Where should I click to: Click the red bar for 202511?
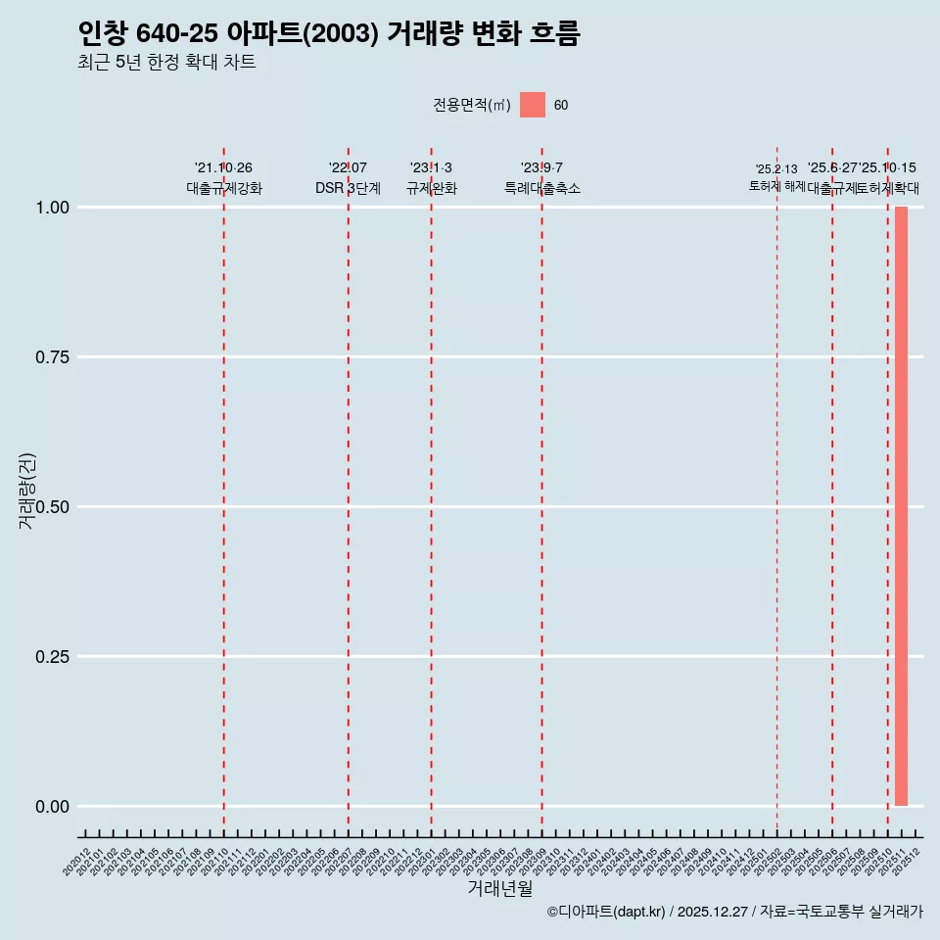pyautogui.click(x=901, y=506)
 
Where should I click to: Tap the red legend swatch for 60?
pyautogui.click(x=533, y=105)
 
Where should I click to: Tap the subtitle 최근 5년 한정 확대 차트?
pyautogui.click(x=166, y=63)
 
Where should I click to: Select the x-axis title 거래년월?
pyautogui.click(x=500, y=888)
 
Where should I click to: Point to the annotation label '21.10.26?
pyautogui.click(x=223, y=168)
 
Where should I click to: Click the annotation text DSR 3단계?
pyautogui.click(x=348, y=188)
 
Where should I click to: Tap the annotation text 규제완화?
pyautogui.click(x=431, y=188)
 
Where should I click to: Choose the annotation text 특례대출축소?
pyautogui.click(x=541, y=188)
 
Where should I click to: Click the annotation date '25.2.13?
pyautogui.click(x=776, y=169)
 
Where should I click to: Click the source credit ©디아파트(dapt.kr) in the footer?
pyautogui.click(x=606, y=912)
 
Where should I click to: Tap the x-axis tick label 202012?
pyautogui.click(x=77, y=862)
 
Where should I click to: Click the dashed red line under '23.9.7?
pyautogui.click(x=541, y=490)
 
